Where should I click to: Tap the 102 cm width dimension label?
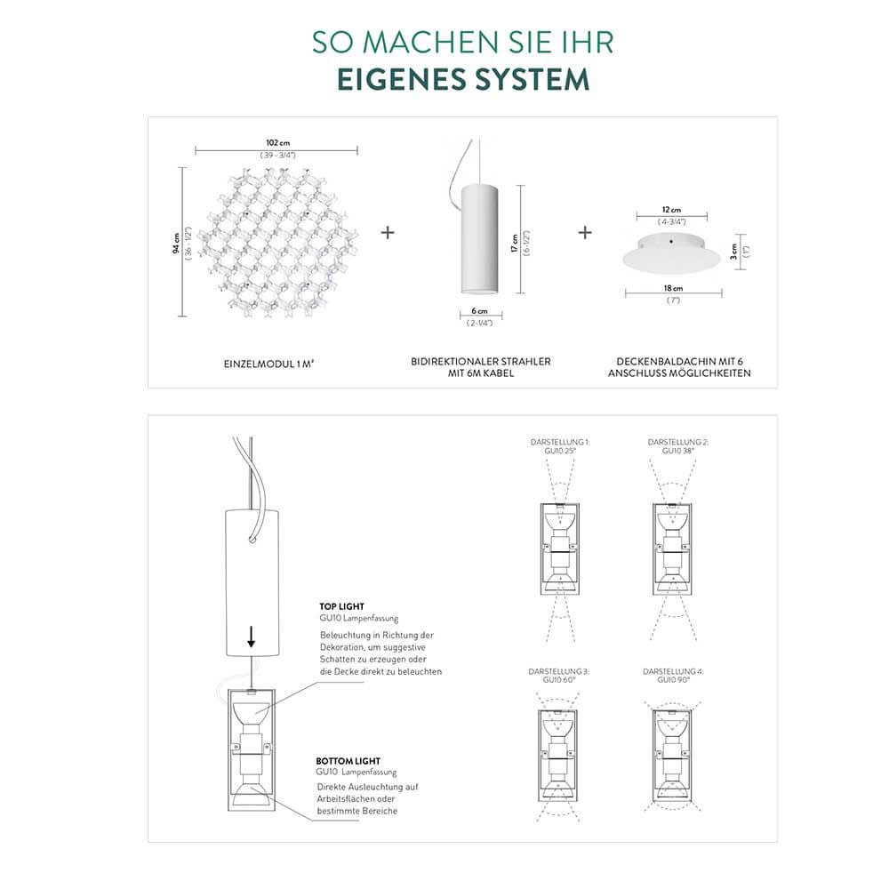[278, 143]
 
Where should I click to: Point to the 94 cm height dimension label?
[176, 242]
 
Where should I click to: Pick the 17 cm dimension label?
[514, 242]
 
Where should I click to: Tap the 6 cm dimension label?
[480, 311]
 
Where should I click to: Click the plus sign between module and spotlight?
[387, 233]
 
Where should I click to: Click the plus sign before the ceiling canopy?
[585, 233]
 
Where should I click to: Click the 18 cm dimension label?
[672, 289]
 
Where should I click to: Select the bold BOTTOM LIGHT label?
[348, 762]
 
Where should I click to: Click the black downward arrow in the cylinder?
[252, 636]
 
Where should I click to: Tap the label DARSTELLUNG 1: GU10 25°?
[559, 446]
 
